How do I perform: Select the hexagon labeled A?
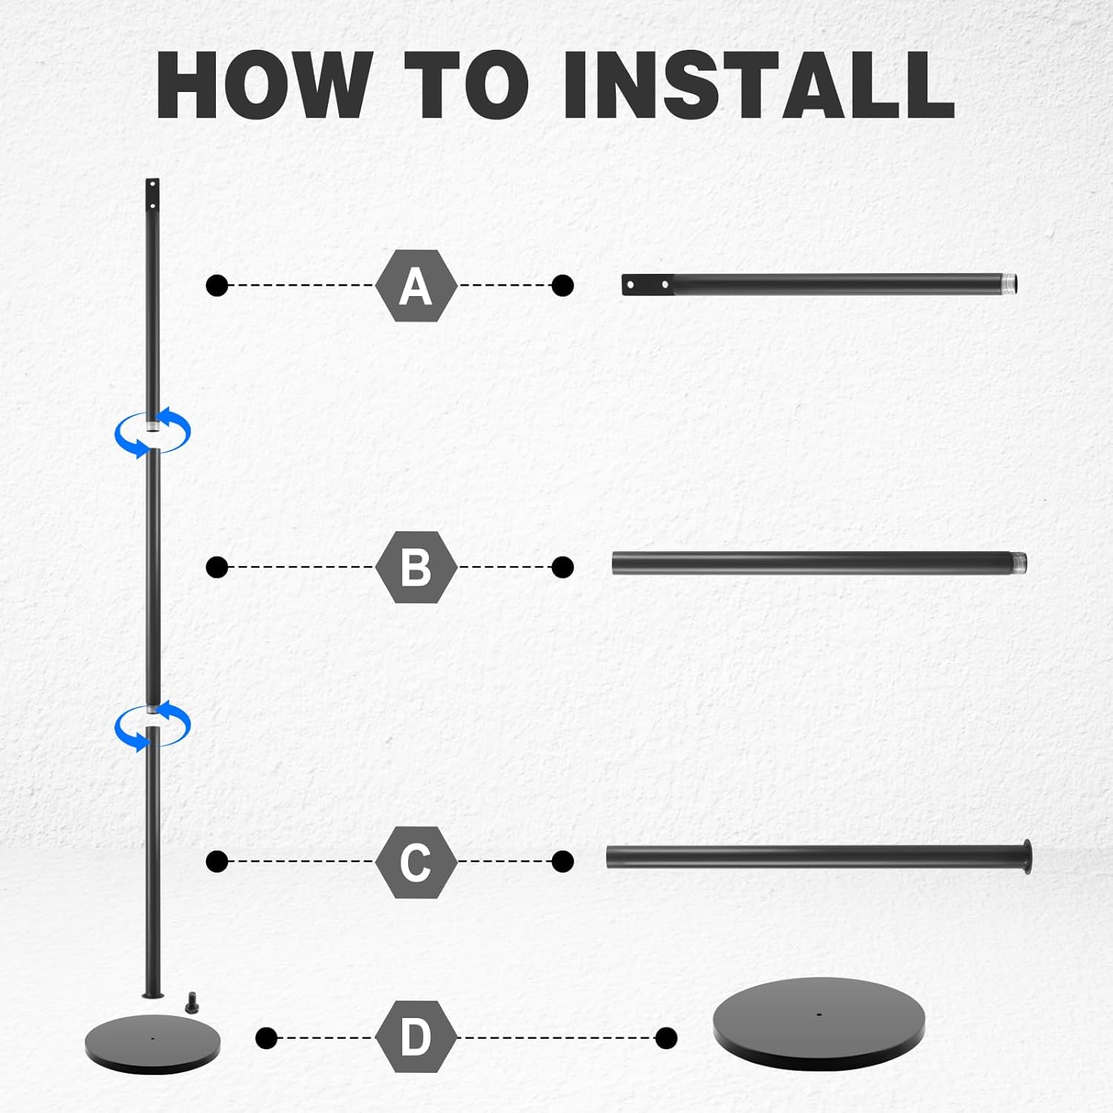[416, 286]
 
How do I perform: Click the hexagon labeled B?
[416, 567]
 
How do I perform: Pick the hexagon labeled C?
[416, 861]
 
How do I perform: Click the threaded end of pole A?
[1008, 284]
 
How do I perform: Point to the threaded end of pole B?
[1017, 563]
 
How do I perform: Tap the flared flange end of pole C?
[1026, 857]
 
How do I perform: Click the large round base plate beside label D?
[819, 1023]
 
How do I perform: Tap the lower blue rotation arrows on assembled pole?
[152, 725]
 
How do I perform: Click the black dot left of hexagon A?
[217, 285]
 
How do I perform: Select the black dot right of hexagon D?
[666, 1037]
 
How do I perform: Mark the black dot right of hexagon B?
[562, 567]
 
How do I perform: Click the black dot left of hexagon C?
[217, 861]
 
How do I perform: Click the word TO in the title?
[467, 85]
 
